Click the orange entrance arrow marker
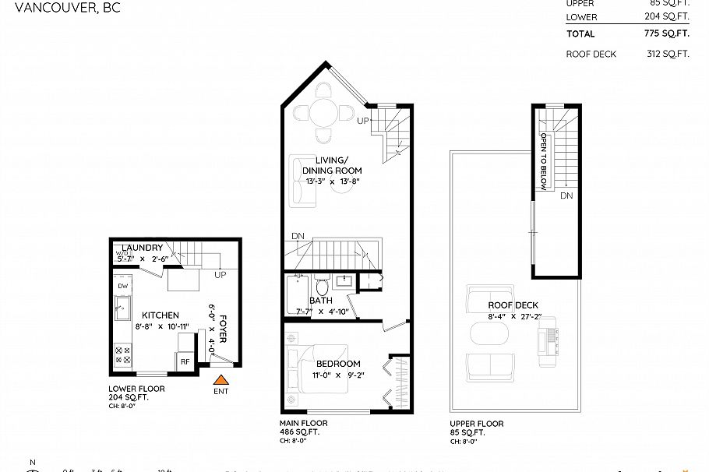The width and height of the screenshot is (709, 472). tap(222, 380)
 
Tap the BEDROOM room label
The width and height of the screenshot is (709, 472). tap(338, 364)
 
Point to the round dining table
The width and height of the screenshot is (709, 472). tap(323, 114)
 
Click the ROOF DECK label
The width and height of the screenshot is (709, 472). tap(513, 305)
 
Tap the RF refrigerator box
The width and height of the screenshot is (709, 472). tap(185, 361)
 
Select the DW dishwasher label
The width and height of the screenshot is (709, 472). tap(122, 287)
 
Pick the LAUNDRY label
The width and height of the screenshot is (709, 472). tap(143, 248)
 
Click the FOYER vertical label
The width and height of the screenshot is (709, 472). tap(223, 329)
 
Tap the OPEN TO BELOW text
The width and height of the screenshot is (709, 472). tap(544, 160)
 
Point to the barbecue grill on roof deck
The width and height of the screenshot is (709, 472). tap(547, 342)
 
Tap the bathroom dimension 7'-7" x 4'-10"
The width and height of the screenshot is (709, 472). tap(319, 311)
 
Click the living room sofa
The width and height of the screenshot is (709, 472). tap(301, 181)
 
